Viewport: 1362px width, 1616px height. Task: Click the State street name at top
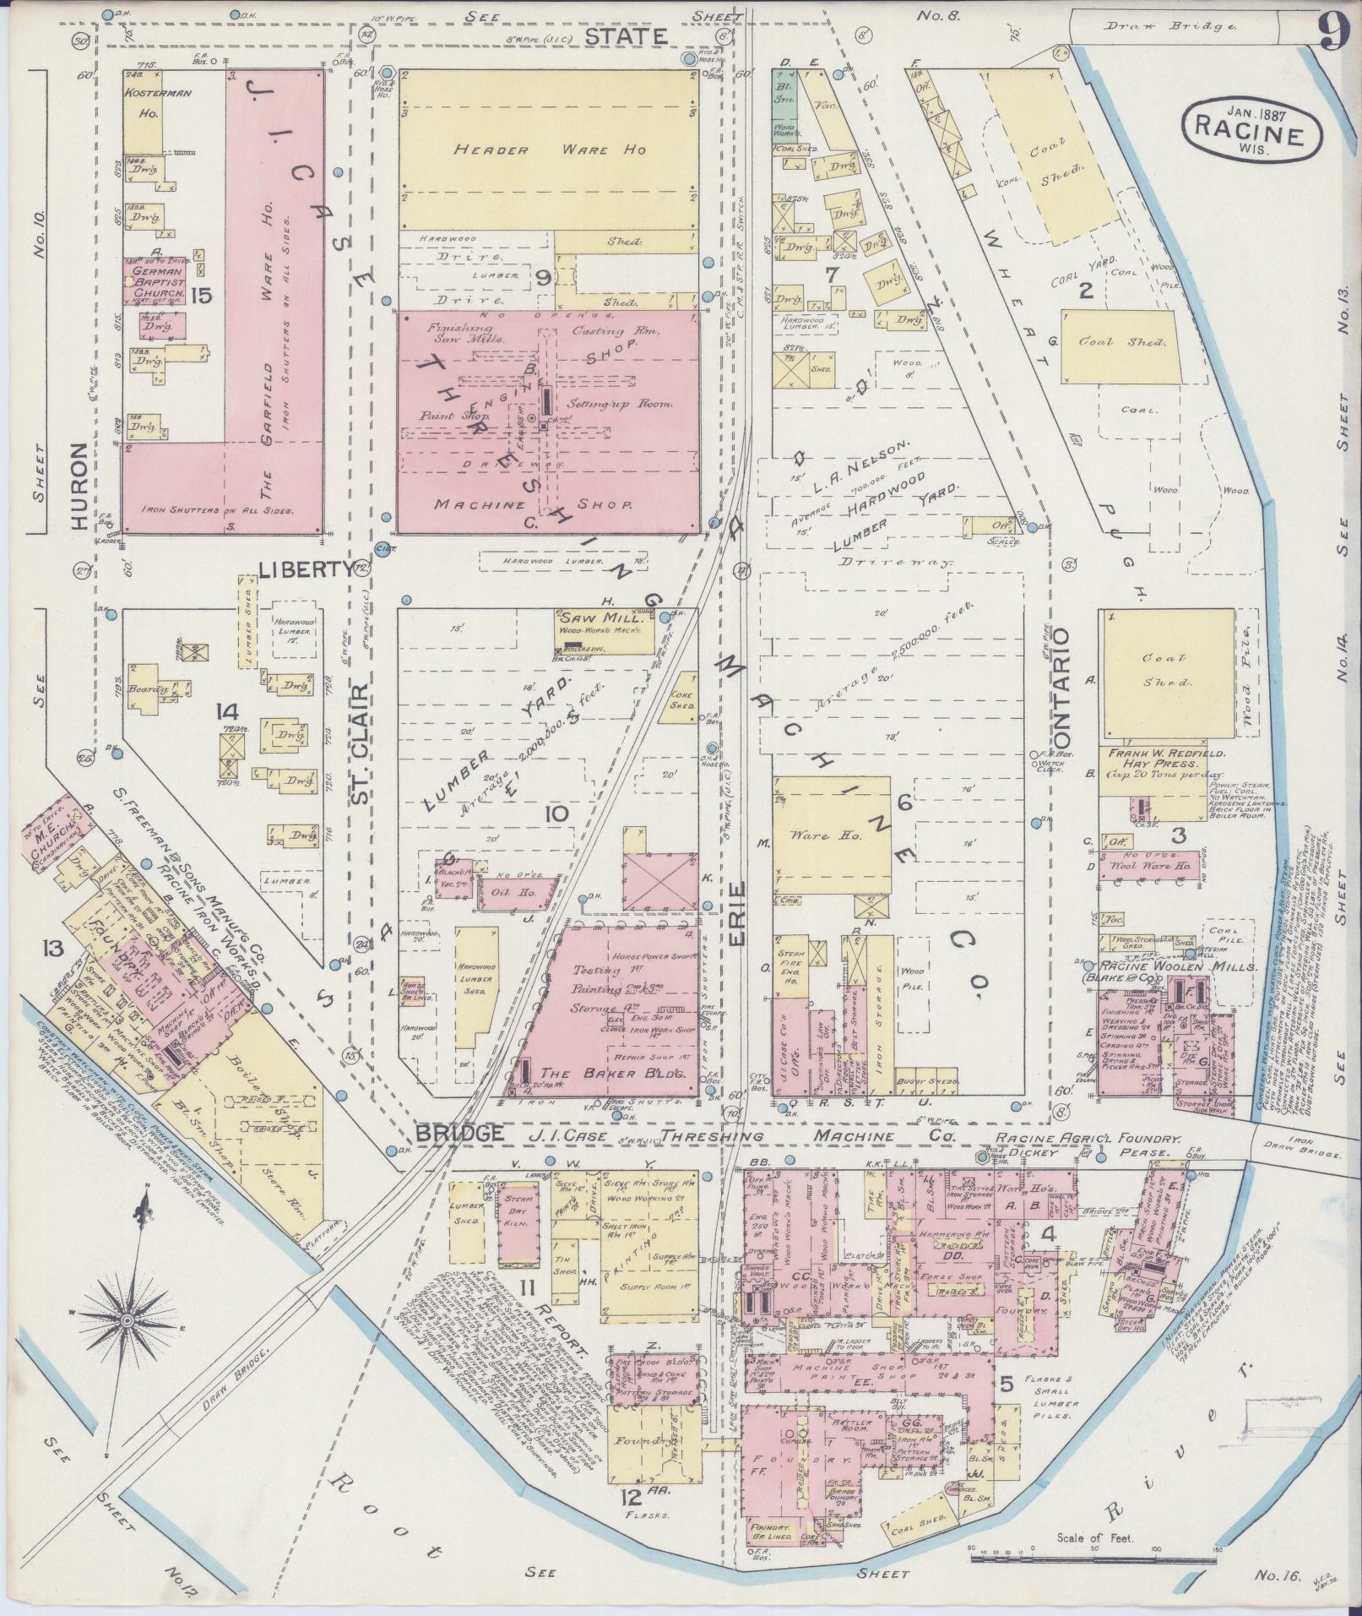[x=626, y=35]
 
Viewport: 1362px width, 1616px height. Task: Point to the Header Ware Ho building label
[x=549, y=150]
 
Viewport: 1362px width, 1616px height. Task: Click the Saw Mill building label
[x=600, y=618]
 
